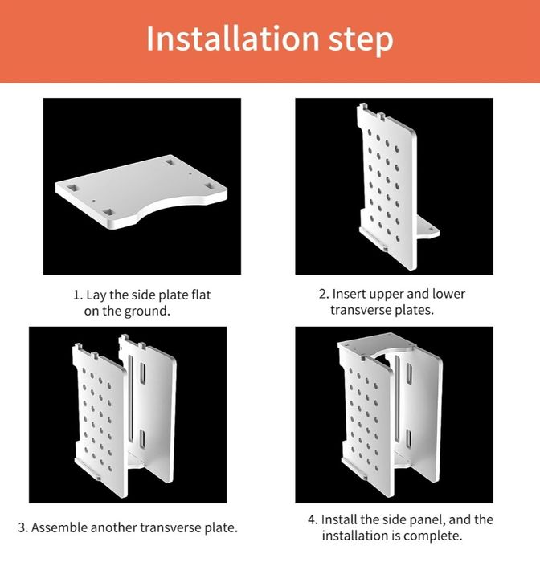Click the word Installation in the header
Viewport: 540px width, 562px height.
tap(232, 38)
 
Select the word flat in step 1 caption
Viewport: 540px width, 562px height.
tap(201, 295)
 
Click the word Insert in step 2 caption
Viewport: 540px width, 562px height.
tap(349, 294)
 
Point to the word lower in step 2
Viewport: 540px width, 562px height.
tap(448, 294)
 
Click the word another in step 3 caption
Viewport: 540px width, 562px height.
tap(114, 527)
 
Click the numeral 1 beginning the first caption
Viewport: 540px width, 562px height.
tap(76, 295)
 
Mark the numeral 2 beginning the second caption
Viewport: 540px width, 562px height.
tap(322, 295)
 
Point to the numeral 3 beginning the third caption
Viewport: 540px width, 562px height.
tap(22, 528)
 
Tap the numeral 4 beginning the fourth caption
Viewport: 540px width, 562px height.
tap(312, 520)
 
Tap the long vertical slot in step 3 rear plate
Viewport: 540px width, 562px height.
tap(131, 398)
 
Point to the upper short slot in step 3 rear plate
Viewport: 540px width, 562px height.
tap(142, 374)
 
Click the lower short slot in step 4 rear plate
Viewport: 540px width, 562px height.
tap(408, 440)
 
